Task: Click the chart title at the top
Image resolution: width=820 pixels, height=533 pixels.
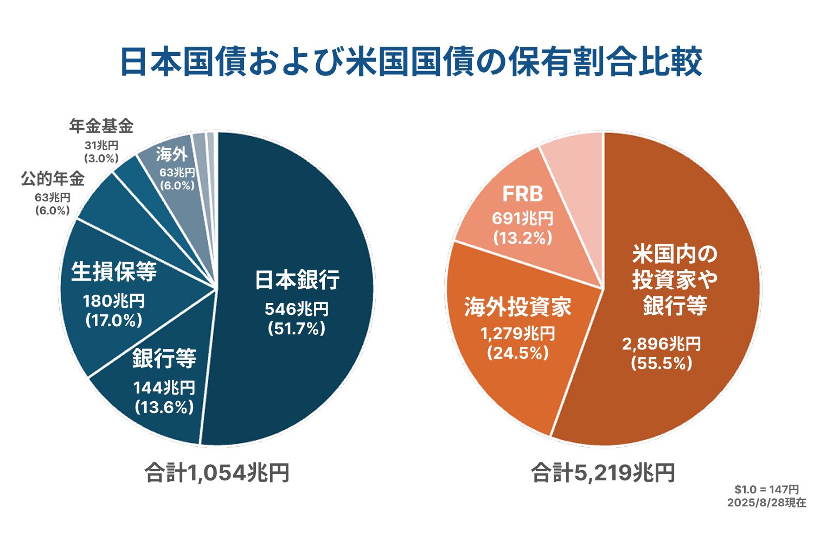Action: click(x=411, y=61)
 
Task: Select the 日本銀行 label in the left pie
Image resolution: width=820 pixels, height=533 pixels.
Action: click(x=297, y=280)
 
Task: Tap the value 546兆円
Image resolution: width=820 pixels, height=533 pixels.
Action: click(x=297, y=309)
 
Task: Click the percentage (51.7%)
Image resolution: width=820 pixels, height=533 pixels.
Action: click(x=297, y=328)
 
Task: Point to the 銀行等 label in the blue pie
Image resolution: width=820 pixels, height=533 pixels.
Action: click(x=164, y=358)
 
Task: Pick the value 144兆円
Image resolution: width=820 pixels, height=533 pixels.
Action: click(x=164, y=388)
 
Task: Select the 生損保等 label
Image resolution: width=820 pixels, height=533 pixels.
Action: click(x=114, y=271)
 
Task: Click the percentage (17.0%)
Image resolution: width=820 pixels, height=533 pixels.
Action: click(x=114, y=320)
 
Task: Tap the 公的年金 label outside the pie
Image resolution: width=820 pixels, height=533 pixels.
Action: click(x=53, y=179)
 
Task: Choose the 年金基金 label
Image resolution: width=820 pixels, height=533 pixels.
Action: click(x=101, y=126)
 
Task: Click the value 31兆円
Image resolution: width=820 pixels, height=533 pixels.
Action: click(x=101, y=146)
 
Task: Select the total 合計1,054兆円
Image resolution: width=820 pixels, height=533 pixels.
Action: click(x=217, y=473)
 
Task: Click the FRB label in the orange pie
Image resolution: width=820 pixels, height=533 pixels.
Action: click(x=522, y=194)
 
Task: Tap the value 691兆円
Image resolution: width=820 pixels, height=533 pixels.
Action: click(x=522, y=218)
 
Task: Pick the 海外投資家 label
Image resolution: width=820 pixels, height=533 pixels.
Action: click(x=518, y=307)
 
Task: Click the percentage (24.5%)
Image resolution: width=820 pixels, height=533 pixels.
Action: click(x=518, y=353)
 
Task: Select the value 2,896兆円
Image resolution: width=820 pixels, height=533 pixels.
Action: click(x=661, y=344)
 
